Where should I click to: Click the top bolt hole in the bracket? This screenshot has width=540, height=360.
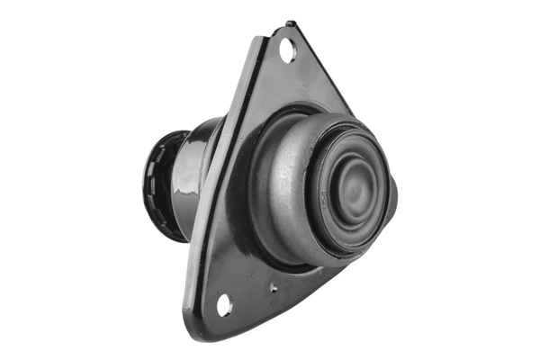pyautogui.click(x=288, y=52)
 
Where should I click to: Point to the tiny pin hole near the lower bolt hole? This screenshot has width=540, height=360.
pyautogui.click(x=273, y=289)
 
